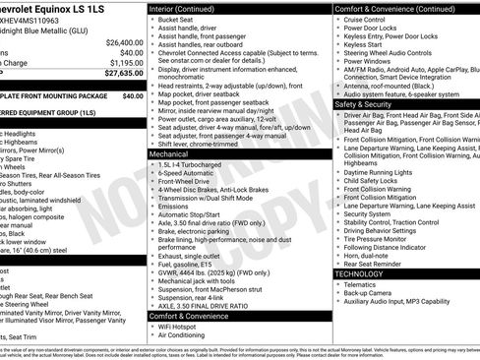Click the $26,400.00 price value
coord(124,42)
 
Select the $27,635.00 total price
coord(124,73)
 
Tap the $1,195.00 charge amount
coord(126,63)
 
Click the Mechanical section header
coord(169,154)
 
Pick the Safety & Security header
coord(363,103)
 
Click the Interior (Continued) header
coord(185,8)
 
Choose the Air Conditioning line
coord(184,335)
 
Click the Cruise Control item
coord(365,19)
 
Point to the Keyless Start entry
coord(362,43)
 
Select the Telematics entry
coord(361,285)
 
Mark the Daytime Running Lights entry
coord(381,171)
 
